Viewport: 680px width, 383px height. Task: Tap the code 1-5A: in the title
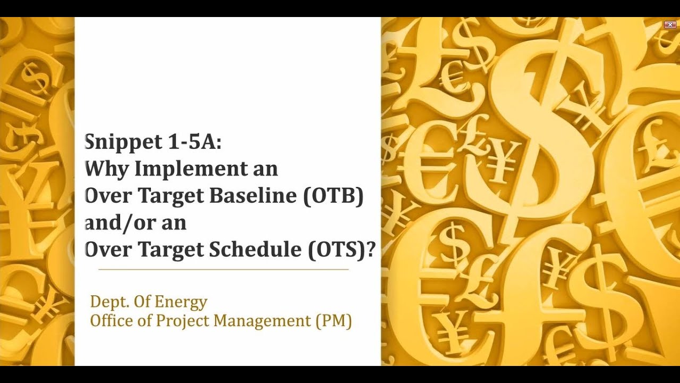coord(197,142)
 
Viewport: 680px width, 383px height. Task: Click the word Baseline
coord(253,196)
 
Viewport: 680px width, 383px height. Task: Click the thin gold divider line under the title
coord(223,270)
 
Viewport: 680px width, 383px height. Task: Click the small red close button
coord(669,24)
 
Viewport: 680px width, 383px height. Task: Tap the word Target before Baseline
coord(172,196)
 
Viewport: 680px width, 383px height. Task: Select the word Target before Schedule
coord(172,250)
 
